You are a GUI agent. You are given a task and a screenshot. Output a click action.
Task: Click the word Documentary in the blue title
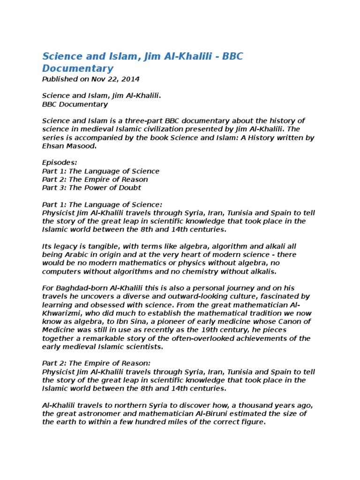point(78,68)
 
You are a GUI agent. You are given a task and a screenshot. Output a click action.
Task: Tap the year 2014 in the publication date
point(130,79)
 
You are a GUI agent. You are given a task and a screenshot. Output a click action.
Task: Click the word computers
point(60,271)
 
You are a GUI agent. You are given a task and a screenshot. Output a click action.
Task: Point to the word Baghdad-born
point(77,288)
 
